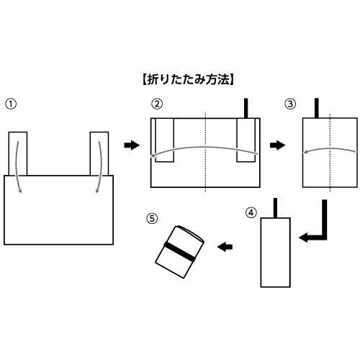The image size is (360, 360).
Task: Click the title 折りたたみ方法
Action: pos(188,80)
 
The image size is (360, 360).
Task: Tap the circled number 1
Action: pos(11,104)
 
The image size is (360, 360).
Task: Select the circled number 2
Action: pos(157,104)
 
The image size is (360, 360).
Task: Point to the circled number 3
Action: pos(290,104)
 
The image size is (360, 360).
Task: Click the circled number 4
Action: pos(251,212)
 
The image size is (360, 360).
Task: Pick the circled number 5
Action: pos(152,219)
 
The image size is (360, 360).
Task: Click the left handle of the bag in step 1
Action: pos(18,153)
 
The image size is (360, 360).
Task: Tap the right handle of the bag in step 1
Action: pos(99,153)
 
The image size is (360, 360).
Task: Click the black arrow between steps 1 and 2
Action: pos(132,145)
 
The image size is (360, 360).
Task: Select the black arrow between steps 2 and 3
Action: pos(278,145)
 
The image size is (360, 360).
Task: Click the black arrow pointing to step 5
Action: pos(225,247)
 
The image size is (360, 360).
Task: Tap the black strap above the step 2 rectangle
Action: pos(246,108)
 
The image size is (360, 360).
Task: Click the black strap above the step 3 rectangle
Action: pos(317,108)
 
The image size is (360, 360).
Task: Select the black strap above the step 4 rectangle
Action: pos(275,208)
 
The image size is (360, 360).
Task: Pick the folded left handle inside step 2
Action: pos(164,140)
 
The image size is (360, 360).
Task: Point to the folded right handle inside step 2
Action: pos(246,140)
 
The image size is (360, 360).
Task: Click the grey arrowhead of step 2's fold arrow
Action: pos(152,156)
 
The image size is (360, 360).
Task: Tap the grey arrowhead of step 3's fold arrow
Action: pos(306,152)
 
